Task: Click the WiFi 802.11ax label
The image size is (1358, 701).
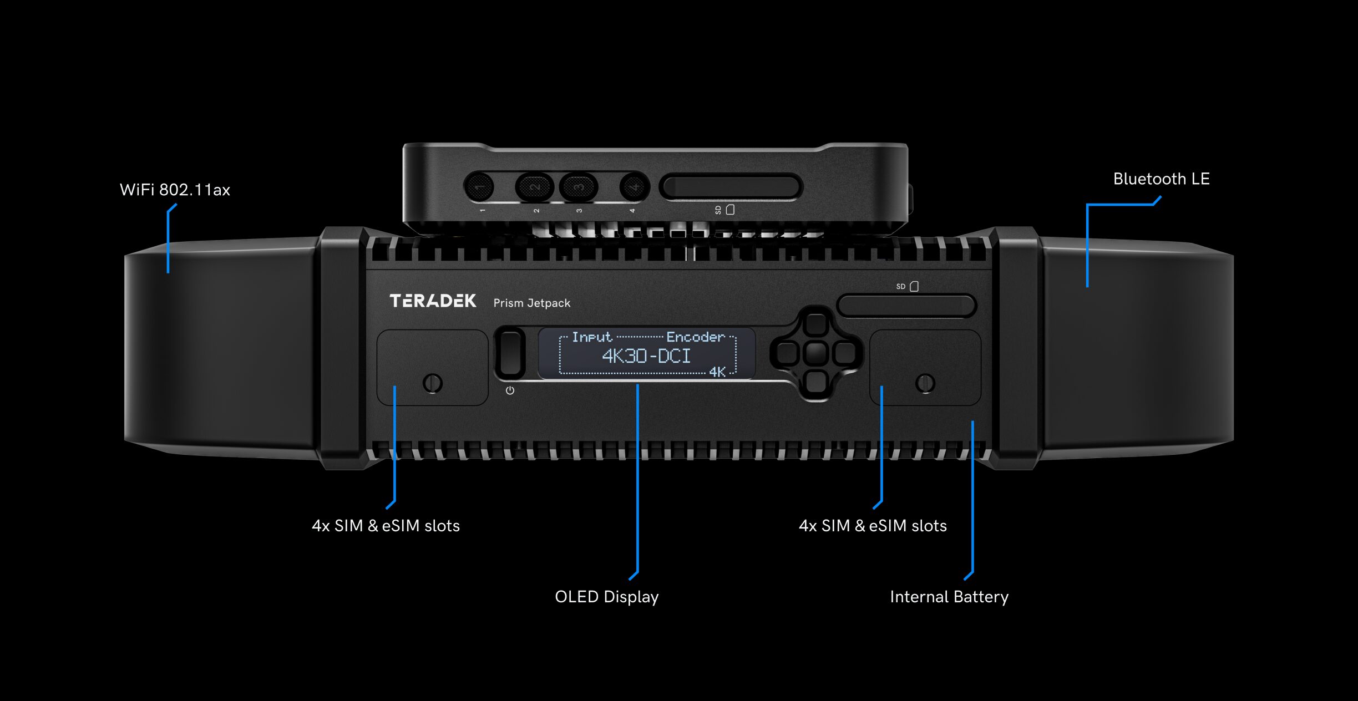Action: point(175,190)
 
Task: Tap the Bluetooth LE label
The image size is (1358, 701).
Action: point(1161,179)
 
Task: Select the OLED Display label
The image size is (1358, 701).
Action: point(606,597)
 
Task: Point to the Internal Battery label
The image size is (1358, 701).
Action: point(949,597)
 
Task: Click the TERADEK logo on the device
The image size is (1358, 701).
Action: point(433,301)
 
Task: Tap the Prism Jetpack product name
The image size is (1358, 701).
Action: point(531,303)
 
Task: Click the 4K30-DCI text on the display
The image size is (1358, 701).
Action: point(646,356)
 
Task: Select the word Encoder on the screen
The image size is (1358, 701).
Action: point(695,337)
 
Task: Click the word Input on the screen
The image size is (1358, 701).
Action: point(591,337)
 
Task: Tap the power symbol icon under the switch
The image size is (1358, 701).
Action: point(510,390)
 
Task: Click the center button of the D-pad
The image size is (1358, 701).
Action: point(815,353)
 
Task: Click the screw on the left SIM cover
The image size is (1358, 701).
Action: point(433,383)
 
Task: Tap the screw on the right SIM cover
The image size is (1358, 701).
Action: point(925,383)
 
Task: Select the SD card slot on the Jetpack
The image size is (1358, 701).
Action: point(906,306)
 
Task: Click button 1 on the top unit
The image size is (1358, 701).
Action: point(479,187)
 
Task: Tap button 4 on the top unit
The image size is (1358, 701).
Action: point(634,187)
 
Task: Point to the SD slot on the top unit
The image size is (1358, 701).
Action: point(731,187)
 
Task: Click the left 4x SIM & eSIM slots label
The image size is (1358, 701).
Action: point(386,526)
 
